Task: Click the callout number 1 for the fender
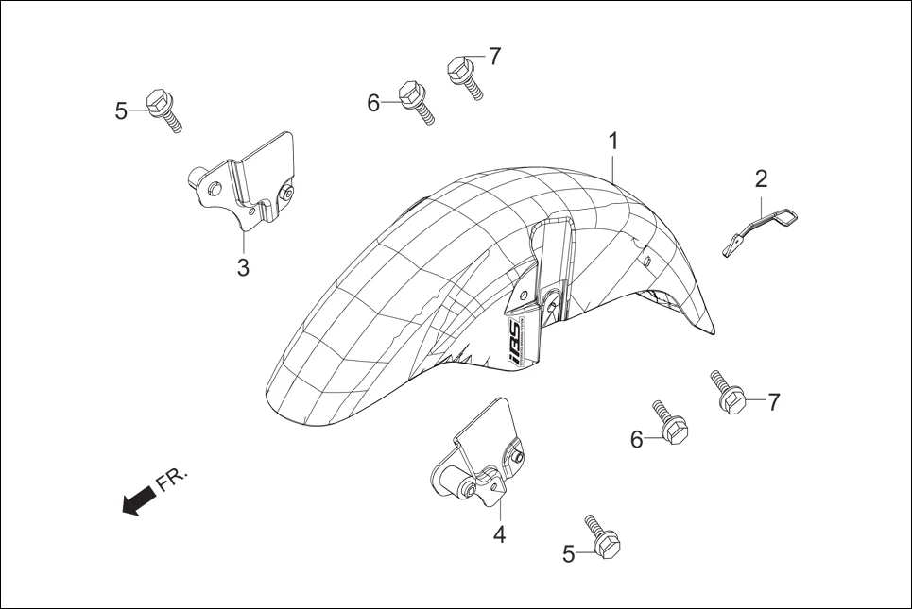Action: pos(613,142)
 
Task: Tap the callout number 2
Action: pos(761,178)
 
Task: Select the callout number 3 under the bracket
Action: pos(243,267)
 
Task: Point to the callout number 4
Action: pos(499,534)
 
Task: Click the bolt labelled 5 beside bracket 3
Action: pos(163,110)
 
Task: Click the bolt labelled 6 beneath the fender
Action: pos(668,424)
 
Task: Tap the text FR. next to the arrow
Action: pos(172,479)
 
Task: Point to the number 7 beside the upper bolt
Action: pos(493,57)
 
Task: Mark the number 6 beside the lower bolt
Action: pos(637,439)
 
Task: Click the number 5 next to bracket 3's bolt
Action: pos(121,111)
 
